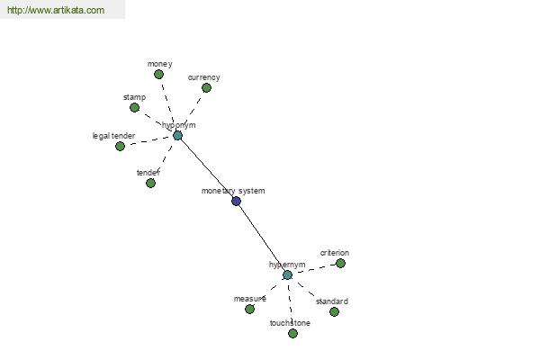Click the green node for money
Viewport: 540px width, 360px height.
[x=158, y=74]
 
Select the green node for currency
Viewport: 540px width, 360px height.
[x=206, y=88]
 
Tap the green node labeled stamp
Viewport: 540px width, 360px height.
[x=134, y=108]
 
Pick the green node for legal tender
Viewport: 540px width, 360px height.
[x=120, y=146]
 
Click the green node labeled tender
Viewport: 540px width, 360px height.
[x=150, y=183]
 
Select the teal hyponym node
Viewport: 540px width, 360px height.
[x=177, y=135]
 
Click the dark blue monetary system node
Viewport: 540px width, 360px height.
[x=236, y=202]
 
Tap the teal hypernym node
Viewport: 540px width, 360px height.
[x=288, y=274]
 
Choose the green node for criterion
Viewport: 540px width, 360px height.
[x=340, y=263]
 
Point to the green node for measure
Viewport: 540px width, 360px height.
[x=249, y=310]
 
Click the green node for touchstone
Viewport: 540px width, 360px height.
[x=292, y=334]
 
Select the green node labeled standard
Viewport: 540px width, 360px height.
[x=334, y=311]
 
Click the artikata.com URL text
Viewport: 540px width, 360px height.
[x=56, y=10]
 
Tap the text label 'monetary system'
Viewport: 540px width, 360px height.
[x=233, y=191]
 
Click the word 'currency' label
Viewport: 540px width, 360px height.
[x=204, y=77]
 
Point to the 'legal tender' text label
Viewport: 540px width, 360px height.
[x=113, y=136]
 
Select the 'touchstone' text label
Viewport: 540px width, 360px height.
[x=290, y=323]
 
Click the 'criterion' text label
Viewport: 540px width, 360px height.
[x=335, y=253]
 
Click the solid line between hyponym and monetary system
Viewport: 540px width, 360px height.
[x=207, y=168]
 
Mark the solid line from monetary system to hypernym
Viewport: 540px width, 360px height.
[x=262, y=238]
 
